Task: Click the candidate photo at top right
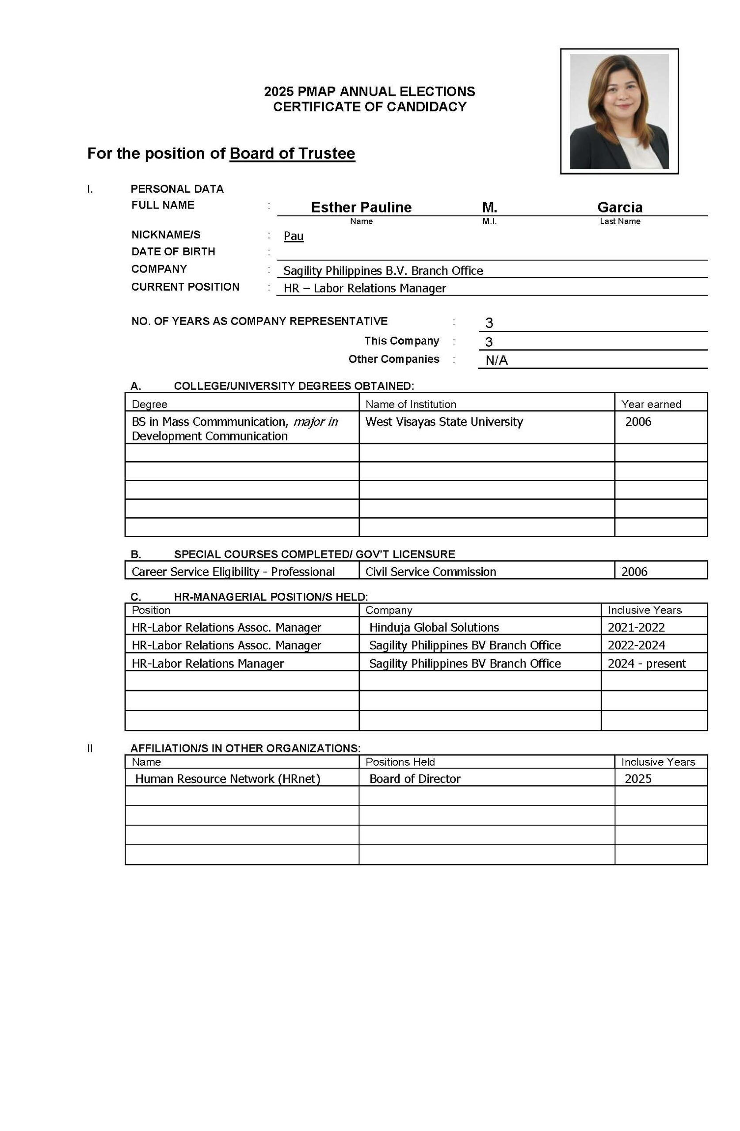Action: coord(619,111)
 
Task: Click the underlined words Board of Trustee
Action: coord(292,153)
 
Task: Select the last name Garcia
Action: coord(620,207)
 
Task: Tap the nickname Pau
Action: coord(294,236)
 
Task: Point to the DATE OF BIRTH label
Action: coord(173,251)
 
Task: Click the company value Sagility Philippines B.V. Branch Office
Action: coord(383,270)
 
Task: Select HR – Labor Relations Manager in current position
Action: coord(365,288)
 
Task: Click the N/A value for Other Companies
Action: coord(496,360)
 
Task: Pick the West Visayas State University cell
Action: coord(444,421)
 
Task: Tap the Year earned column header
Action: coord(651,404)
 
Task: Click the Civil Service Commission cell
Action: coord(431,571)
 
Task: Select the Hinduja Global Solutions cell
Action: coord(434,627)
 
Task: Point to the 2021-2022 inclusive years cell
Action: coord(636,627)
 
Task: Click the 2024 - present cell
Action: coord(646,664)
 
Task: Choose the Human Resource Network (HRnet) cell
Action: coord(228,778)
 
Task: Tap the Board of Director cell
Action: coord(415,778)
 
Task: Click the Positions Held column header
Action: coord(400,762)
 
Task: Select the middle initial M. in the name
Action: coord(489,207)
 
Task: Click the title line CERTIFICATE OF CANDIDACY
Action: coord(370,107)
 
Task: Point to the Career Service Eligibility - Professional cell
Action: coord(233,571)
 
